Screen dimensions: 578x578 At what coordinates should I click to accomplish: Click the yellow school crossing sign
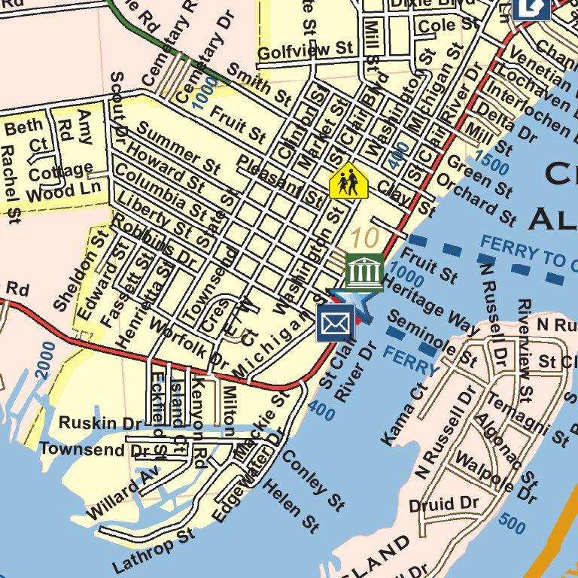(x=348, y=181)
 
